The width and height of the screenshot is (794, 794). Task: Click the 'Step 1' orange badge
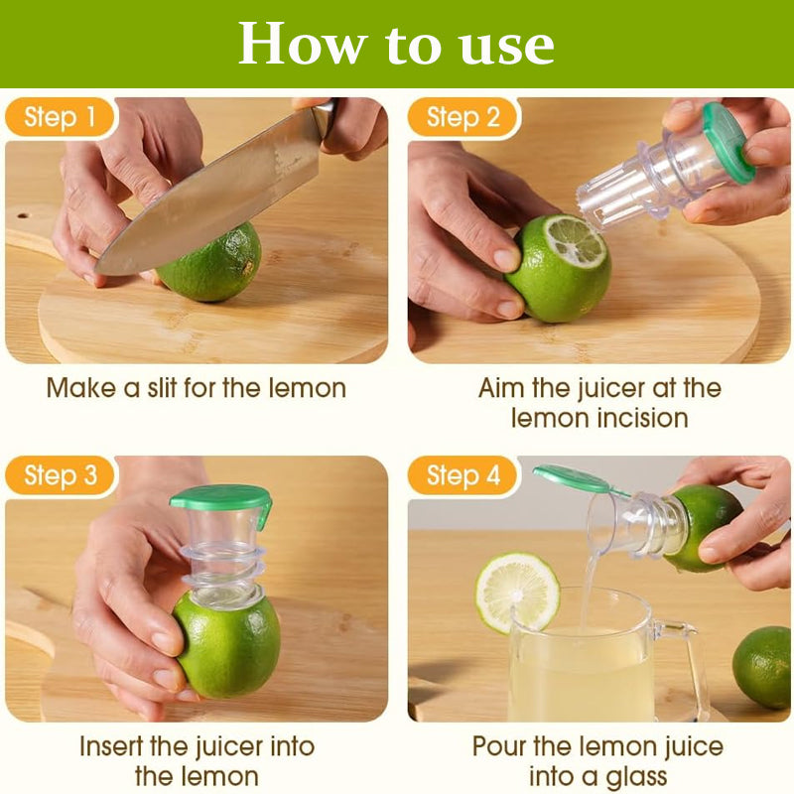pyautogui.click(x=60, y=118)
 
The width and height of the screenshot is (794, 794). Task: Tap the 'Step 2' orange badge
pyautogui.click(x=463, y=118)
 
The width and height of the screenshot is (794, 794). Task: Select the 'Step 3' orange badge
pyautogui.click(x=60, y=476)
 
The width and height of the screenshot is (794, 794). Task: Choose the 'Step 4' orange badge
pyautogui.click(x=463, y=476)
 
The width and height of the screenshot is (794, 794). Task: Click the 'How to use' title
pyautogui.click(x=396, y=44)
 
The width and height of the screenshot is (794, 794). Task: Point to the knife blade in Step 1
pyautogui.click(x=212, y=198)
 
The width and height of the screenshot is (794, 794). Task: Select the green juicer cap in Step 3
pyautogui.click(x=220, y=500)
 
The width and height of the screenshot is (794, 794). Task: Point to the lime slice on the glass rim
pyautogui.click(x=517, y=594)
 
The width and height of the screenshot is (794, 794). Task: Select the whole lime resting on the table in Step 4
pyautogui.click(x=762, y=666)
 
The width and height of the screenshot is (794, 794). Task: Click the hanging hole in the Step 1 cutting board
pyautogui.click(x=23, y=215)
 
